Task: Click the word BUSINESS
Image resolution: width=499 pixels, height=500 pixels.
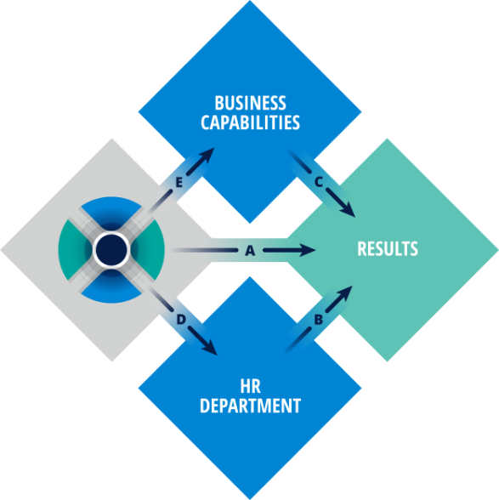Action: coord(250,103)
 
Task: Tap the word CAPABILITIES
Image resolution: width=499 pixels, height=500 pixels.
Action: coord(250,122)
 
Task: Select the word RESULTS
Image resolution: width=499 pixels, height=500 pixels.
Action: coord(388,248)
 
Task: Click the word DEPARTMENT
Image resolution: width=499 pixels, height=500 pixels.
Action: coord(250,406)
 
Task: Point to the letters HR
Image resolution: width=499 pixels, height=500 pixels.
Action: coord(250,386)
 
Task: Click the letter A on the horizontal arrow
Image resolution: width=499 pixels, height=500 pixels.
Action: coord(250,251)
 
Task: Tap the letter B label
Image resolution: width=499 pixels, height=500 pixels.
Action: coord(318,320)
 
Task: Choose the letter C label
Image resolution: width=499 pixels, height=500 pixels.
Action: coord(319,182)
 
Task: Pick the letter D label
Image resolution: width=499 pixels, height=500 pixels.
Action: coord(181,320)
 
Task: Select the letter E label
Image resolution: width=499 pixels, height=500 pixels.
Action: coord(179,183)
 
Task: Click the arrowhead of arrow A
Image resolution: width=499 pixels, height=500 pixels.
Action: coord(307,250)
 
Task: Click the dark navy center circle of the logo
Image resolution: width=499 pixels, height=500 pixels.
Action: coord(111,250)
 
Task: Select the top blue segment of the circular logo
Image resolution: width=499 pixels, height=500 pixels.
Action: coord(111,209)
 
